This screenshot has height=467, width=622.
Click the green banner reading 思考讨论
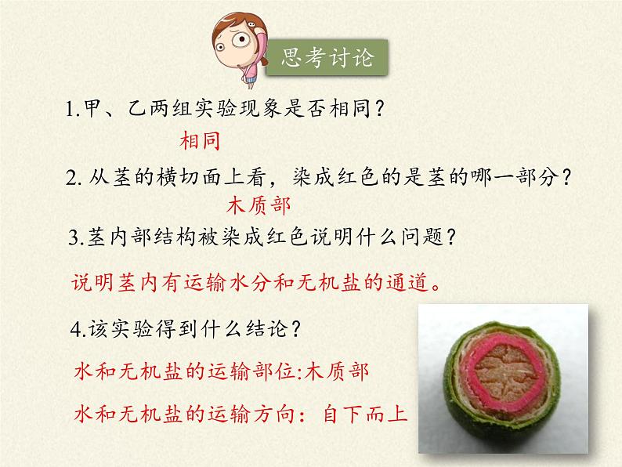point(327,57)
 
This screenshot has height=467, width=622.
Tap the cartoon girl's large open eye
point(240,39)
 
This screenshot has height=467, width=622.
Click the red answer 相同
point(200,141)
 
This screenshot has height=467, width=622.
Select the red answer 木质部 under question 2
point(259,206)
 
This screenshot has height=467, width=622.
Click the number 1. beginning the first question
point(73,109)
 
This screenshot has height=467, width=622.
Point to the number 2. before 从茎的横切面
point(74,178)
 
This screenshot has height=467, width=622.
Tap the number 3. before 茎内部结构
point(77,237)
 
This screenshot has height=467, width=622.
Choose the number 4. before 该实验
point(78,329)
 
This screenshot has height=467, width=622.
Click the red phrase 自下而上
point(366,415)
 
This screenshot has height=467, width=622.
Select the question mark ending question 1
point(379,108)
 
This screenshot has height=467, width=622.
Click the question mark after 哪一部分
point(566,177)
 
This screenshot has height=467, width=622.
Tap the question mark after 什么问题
point(450,237)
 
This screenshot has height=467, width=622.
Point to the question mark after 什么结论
point(295,328)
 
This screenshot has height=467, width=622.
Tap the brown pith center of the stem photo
point(504,373)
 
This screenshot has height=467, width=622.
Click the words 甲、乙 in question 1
point(114,108)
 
